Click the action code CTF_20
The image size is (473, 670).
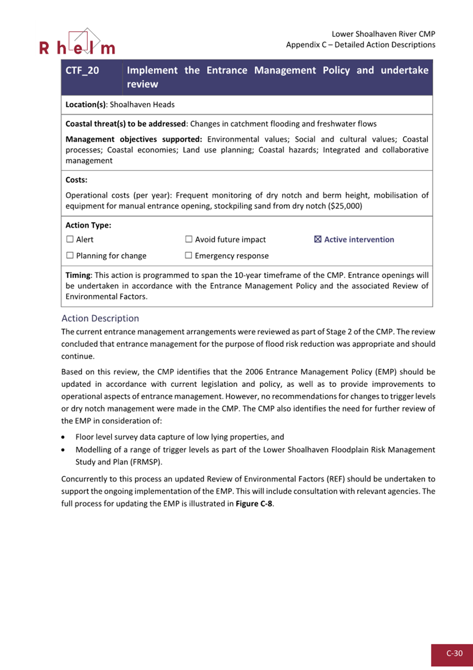[x=82, y=71]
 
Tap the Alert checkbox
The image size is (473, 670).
[x=70, y=239]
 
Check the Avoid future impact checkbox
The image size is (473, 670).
[x=189, y=239]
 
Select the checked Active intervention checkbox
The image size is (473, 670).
[x=317, y=239]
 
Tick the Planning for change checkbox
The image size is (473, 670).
[x=70, y=256]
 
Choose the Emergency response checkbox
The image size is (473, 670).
[x=189, y=256]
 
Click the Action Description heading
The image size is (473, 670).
[x=100, y=318]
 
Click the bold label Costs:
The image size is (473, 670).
[x=76, y=180]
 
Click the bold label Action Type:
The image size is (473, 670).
[x=88, y=225]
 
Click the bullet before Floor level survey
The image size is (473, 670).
[x=64, y=437]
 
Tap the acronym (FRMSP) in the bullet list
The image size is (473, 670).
[x=147, y=462]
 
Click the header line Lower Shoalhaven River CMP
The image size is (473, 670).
[x=383, y=34]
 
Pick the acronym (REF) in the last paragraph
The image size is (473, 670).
[x=337, y=479]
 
